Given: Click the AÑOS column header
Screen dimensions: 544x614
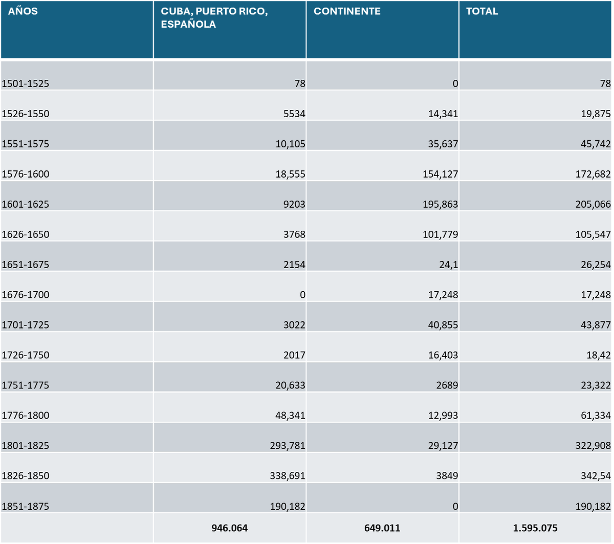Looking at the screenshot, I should click(x=23, y=11).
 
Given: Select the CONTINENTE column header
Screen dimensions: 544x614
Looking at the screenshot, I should click(x=347, y=11).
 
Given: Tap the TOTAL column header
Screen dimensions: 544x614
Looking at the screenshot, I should click(x=482, y=11).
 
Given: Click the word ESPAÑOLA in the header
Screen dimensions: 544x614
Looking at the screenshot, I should click(x=188, y=24).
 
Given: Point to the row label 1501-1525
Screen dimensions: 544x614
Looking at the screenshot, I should click(x=26, y=84).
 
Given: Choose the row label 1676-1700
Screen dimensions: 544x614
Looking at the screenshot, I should click(x=26, y=295).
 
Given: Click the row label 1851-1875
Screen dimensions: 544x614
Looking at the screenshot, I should click(x=26, y=507).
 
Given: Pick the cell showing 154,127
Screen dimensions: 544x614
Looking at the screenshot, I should click(x=440, y=174).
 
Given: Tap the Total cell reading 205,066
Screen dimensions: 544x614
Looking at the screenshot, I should click(x=592, y=204).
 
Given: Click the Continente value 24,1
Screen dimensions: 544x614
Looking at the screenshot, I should click(x=448, y=265).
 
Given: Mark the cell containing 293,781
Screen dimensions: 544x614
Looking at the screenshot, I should click(x=287, y=446).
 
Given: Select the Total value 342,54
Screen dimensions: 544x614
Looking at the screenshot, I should click(x=597, y=476).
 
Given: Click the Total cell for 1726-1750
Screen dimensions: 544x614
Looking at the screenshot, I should click(x=599, y=355).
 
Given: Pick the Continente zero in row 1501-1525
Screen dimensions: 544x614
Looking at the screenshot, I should click(x=455, y=84).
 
